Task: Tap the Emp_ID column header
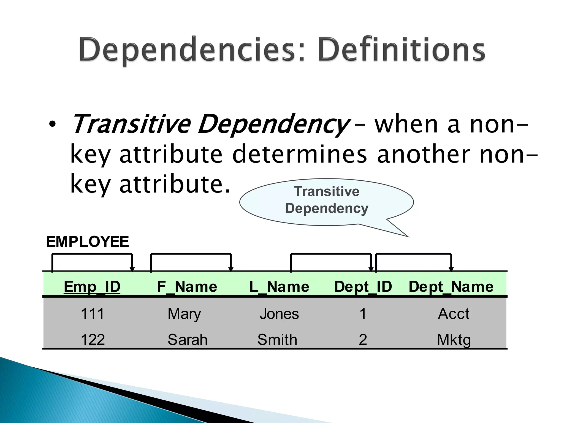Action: click(x=92, y=287)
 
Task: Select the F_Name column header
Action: click(x=187, y=287)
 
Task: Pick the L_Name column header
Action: click(x=279, y=287)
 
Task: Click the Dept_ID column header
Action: click(x=363, y=287)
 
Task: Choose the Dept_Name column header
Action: click(x=451, y=287)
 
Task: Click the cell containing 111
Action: click(x=93, y=314)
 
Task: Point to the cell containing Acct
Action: click(x=453, y=314)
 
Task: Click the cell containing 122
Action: click(x=93, y=340)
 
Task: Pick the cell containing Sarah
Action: click(x=187, y=340)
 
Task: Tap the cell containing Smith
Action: click(x=277, y=340)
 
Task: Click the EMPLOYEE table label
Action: click(x=87, y=242)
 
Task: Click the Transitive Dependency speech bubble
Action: click(x=326, y=200)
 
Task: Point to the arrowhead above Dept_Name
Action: click(x=451, y=269)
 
